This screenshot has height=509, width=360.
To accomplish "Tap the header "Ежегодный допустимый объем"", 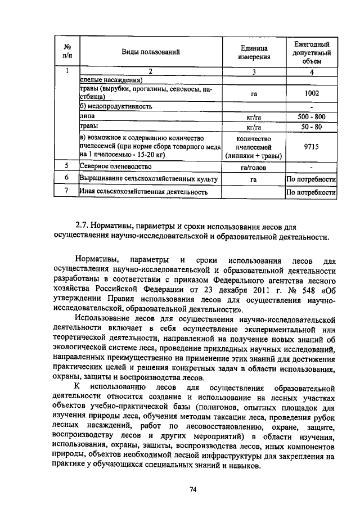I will [x=311, y=52].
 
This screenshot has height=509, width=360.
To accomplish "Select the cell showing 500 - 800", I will [x=311, y=117].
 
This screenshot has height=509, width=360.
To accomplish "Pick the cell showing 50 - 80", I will [x=311, y=127].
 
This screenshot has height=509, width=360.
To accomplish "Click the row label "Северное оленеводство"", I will [x=116, y=167].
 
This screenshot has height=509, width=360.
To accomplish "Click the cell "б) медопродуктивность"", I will [x=116, y=106].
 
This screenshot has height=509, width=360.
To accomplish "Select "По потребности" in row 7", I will [x=311, y=192].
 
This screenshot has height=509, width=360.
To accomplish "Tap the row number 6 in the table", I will [x=67, y=179].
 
